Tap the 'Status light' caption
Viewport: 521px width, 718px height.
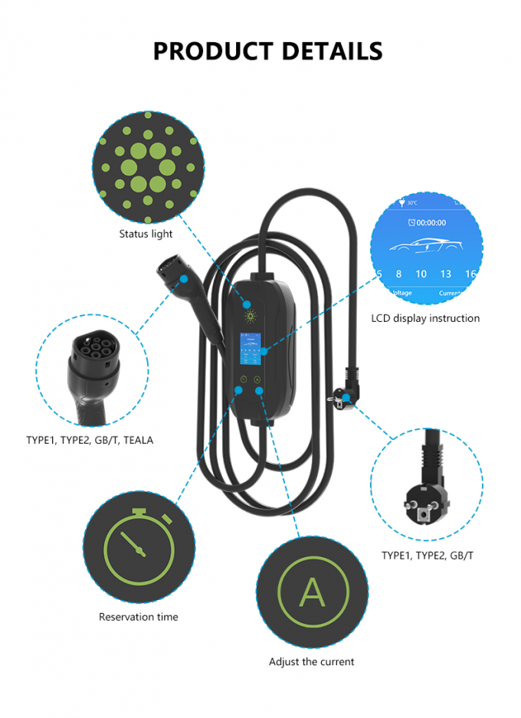(x=146, y=234)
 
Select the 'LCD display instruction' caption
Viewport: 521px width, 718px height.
(x=425, y=318)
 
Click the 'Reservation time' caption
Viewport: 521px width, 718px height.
(x=138, y=617)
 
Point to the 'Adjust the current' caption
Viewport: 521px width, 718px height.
(x=311, y=661)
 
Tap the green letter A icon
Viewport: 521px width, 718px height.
(x=312, y=592)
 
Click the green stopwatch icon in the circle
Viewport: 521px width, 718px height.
(x=139, y=546)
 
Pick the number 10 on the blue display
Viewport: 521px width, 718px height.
(x=421, y=274)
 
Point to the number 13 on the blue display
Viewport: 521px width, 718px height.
(x=446, y=274)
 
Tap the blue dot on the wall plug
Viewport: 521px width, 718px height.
(x=347, y=397)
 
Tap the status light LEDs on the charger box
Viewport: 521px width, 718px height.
(x=249, y=316)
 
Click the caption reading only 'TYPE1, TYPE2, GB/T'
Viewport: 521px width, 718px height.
(x=427, y=555)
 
